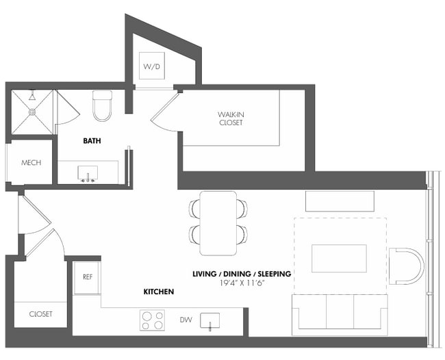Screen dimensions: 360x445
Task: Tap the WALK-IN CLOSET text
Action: [x=231, y=118]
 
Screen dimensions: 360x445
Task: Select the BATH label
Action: [x=92, y=140]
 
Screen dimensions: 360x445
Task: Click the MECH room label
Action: [x=31, y=163]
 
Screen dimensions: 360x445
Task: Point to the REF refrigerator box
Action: [x=87, y=277]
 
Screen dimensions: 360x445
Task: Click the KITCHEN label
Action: [x=158, y=292]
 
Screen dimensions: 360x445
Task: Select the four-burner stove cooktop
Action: [x=152, y=320]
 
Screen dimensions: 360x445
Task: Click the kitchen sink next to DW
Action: [x=209, y=320]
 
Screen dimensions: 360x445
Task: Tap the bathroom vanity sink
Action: [x=88, y=173]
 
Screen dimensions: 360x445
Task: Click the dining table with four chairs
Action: [x=218, y=219]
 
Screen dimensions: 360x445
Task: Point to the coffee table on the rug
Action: [x=339, y=258]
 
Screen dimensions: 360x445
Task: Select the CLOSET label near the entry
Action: [x=40, y=314]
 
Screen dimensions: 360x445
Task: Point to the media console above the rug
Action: [x=340, y=201]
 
